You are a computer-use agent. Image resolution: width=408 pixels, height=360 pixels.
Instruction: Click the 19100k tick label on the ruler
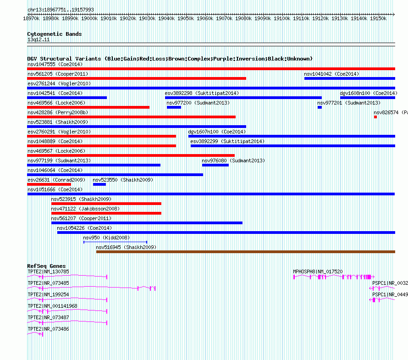click(282, 19)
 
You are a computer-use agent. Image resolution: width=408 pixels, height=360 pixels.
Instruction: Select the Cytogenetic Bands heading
click(55, 34)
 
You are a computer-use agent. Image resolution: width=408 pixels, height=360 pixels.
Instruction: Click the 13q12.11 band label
click(39, 40)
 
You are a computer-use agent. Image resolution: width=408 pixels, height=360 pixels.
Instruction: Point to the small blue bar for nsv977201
click(320, 107)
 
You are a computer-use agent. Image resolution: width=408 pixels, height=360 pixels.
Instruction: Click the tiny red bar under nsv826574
click(375, 117)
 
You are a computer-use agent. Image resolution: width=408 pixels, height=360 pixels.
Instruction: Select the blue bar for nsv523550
click(99, 184)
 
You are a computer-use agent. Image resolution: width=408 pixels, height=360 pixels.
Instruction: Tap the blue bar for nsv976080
click(215, 165)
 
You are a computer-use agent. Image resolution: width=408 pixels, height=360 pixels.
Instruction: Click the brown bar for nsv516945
click(245, 252)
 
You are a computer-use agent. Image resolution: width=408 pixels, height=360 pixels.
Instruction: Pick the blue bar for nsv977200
click(174, 107)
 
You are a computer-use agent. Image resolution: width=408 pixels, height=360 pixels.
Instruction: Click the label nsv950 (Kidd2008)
click(106, 238)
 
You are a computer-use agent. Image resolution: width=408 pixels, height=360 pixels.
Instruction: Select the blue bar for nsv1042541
click(67, 98)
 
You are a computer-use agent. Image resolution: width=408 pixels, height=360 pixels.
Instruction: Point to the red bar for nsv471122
click(106, 213)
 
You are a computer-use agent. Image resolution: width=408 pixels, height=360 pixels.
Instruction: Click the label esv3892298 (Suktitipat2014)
click(202, 93)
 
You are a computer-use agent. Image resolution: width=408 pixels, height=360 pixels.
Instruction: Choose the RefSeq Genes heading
click(46, 266)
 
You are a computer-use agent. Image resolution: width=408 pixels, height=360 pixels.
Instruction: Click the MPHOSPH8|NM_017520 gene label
click(318, 271)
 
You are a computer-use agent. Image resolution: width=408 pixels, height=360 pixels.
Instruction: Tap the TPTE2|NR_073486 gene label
click(48, 329)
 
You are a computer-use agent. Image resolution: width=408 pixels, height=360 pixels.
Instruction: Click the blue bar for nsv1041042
click(349, 78)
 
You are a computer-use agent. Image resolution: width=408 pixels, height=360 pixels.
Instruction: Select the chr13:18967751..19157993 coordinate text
click(61, 10)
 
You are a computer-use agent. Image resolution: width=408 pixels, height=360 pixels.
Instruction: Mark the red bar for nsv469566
click(88, 107)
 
